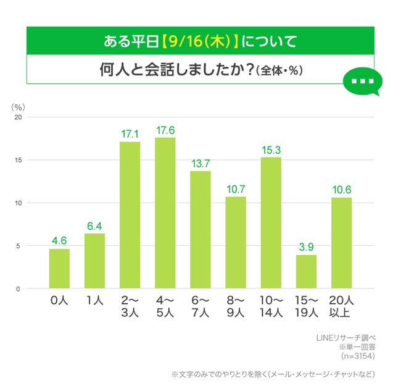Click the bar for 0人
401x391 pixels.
pos(59,269)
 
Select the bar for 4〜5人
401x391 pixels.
pos(165,213)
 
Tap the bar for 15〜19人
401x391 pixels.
pos(306,272)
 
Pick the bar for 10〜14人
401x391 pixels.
pos(271,223)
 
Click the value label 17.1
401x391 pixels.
pos(130,133)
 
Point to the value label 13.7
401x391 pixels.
pos(200,162)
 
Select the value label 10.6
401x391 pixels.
pos(341,189)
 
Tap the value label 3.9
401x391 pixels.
pos(306,246)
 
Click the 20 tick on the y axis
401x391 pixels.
pos(18,117)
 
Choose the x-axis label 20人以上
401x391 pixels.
pos(341,306)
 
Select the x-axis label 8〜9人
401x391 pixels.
pos(236,306)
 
